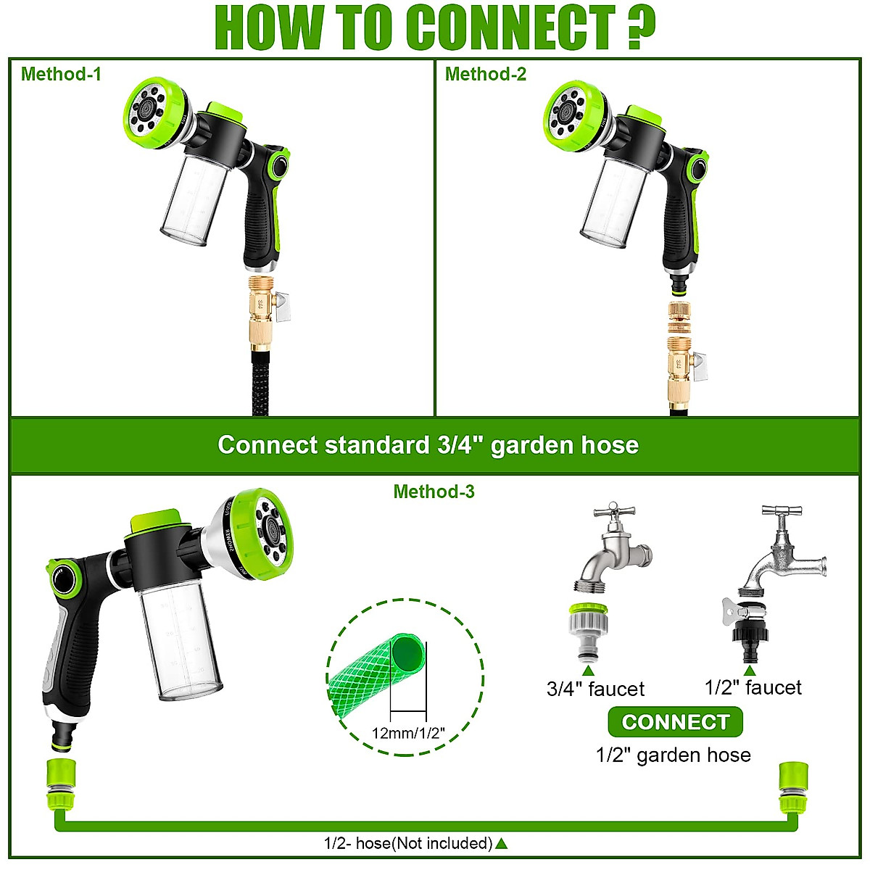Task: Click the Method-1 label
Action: pos(61,74)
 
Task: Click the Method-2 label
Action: pos(485,74)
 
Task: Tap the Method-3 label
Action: pos(434,492)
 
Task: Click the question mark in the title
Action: pos(641,28)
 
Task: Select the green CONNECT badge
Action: pos(675,722)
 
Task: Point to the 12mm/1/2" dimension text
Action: pos(408,733)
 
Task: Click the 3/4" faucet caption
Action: pos(595,689)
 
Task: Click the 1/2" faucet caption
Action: pos(753,687)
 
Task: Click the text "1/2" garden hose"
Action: pos(673,755)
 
